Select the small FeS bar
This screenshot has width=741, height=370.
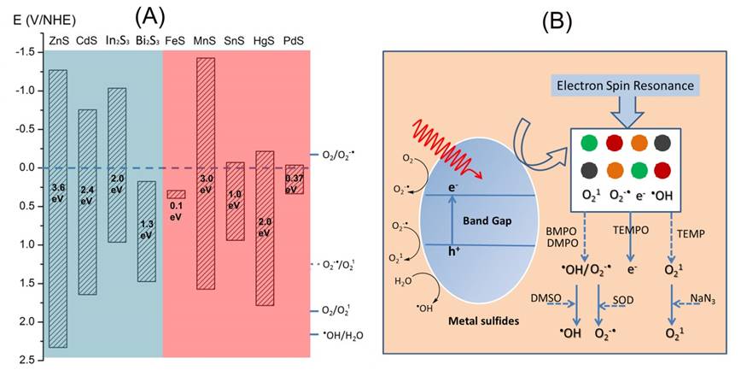(176, 194)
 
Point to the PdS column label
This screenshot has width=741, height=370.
(294, 40)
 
